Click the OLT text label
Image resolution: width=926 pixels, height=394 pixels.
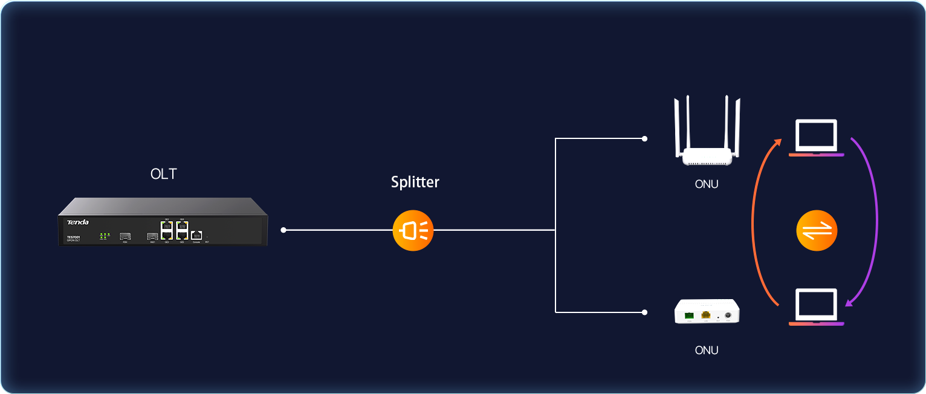pyautogui.click(x=164, y=175)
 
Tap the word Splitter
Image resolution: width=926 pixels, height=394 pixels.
pyautogui.click(x=415, y=182)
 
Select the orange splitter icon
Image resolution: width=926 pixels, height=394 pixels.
pyautogui.click(x=413, y=230)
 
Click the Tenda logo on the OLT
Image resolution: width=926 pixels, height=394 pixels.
pyautogui.click(x=78, y=222)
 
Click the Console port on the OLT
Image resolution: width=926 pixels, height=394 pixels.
pyautogui.click(x=196, y=234)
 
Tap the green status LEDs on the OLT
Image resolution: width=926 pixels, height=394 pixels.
pyautogui.click(x=104, y=235)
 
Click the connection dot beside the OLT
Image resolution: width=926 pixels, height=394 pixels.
pyautogui.click(x=283, y=230)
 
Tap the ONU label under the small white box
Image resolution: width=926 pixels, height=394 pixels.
pyautogui.click(x=707, y=350)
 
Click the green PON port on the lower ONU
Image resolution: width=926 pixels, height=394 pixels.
pyautogui.click(x=689, y=315)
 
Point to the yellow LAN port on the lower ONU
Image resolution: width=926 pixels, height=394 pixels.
pyautogui.click(x=705, y=315)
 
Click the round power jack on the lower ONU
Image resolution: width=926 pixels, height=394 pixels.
pyautogui.click(x=728, y=315)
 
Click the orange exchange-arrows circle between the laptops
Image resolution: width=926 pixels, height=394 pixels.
pyautogui.click(x=817, y=230)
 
